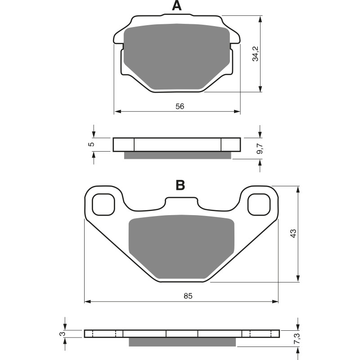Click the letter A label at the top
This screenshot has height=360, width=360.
pyautogui.click(x=177, y=6)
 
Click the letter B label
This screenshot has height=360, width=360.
pyautogui.click(x=180, y=185)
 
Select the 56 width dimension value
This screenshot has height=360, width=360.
pyautogui.click(x=180, y=106)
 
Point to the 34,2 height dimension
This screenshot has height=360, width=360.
pyautogui.click(x=255, y=54)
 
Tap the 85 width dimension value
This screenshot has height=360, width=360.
pyautogui.click(x=188, y=296)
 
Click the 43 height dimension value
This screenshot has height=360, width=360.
pyautogui.click(x=292, y=234)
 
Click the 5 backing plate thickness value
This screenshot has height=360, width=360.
pyautogui.click(x=91, y=144)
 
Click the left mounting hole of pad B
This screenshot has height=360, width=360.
pyautogui.click(x=103, y=204)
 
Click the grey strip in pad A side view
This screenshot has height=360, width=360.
pyautogui.click(x=177, y=155)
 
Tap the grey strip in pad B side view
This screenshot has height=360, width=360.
pyautogui.click(x=182, y=342)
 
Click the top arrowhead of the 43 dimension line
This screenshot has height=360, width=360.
pyautogui.click(x=297, y=189)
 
